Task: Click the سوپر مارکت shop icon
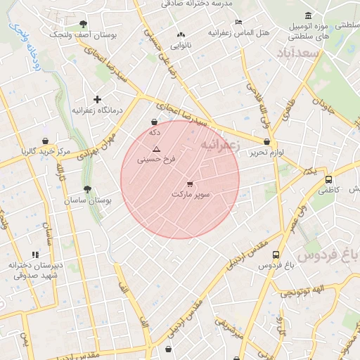coord(190,184)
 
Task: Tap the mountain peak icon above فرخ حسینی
coord(156,149)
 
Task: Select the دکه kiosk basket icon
coord(154,122)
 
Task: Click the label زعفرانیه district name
coord(220,144)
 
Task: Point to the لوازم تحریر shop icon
coord(266,142)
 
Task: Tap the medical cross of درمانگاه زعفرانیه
coord(97,99)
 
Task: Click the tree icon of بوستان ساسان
coord(87,189)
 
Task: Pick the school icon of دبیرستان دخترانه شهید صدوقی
coord(34,255)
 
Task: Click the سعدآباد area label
coord(298,54)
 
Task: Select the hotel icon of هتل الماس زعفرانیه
coord(238,22)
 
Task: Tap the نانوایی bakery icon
coord(181,34)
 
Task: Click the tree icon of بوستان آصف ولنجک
coord(83,24)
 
